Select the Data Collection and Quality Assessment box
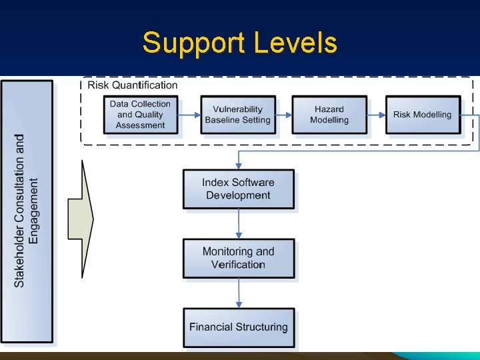[141, 115]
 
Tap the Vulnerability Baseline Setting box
[237, 115]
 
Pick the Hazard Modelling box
[329, 115]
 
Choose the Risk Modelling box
[423, 115]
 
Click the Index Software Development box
[238, 189]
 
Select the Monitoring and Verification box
[238, 258]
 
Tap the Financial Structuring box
[238, 327]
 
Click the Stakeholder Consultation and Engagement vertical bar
[27, 211]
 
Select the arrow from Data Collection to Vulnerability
[189, 115]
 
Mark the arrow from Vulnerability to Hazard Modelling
[283, 115]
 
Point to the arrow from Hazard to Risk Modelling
[376, 115]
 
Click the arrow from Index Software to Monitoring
[239, 224]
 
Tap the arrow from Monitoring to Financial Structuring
[239, 293]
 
